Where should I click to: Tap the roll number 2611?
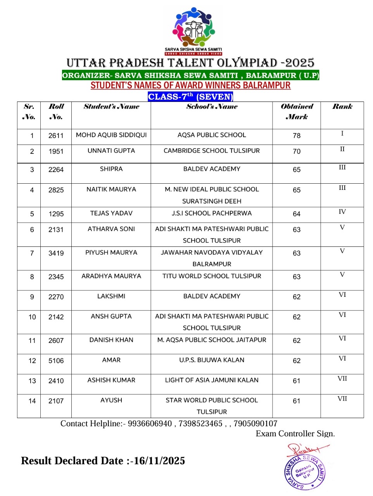tap(56, 136)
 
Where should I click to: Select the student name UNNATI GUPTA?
tap(111, 151)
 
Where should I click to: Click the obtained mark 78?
tap(297, 136)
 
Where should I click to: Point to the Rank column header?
tap(342, 107)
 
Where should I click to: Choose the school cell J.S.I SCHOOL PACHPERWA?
tap(212, 214)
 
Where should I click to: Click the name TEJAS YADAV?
tap(111, 214)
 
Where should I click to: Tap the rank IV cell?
tap(342, 212)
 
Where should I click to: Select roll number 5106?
tap(56, 361)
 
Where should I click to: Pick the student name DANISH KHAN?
tap(111, 340)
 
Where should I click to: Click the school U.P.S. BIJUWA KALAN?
tap(212, 360)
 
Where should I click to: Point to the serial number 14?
tap(32, 401)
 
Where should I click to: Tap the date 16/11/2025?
tap(159, 461)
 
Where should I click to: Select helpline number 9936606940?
tap(150, 424)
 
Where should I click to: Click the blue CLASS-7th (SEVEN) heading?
tap(190, 96)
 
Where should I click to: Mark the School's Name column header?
tap(212, 107)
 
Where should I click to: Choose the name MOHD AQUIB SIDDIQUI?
tap(111, 135)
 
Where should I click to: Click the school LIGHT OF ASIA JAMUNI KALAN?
tap(212, 380)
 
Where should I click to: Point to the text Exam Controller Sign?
tap(295, 434)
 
